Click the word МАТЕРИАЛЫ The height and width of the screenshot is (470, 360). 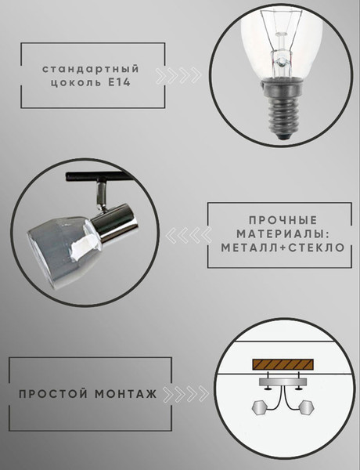click(277, 233)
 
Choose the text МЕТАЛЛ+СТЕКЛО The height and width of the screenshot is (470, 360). click(277, 248)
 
